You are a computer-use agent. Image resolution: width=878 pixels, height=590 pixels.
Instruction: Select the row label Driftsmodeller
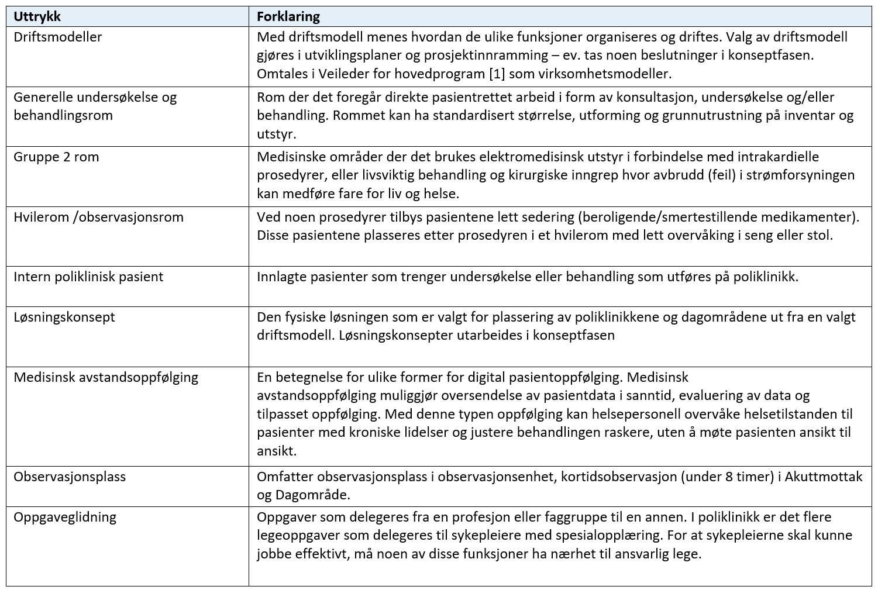coord(57,37)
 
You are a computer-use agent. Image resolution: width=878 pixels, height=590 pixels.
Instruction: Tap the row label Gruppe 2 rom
coord(56,157)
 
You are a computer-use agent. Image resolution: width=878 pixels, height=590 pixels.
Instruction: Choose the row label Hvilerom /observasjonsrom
coord(98,217)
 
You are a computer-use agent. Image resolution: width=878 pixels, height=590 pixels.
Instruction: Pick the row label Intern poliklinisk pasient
coord(88,277)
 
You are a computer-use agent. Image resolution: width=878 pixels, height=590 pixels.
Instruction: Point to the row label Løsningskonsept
coord(64,317)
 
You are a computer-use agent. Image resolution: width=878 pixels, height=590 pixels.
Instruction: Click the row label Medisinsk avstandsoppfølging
coord(106,377)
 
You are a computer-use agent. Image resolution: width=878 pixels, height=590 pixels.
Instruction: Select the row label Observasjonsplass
coord(70,477)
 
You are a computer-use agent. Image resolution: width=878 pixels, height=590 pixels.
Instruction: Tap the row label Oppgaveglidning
coord(65,517)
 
